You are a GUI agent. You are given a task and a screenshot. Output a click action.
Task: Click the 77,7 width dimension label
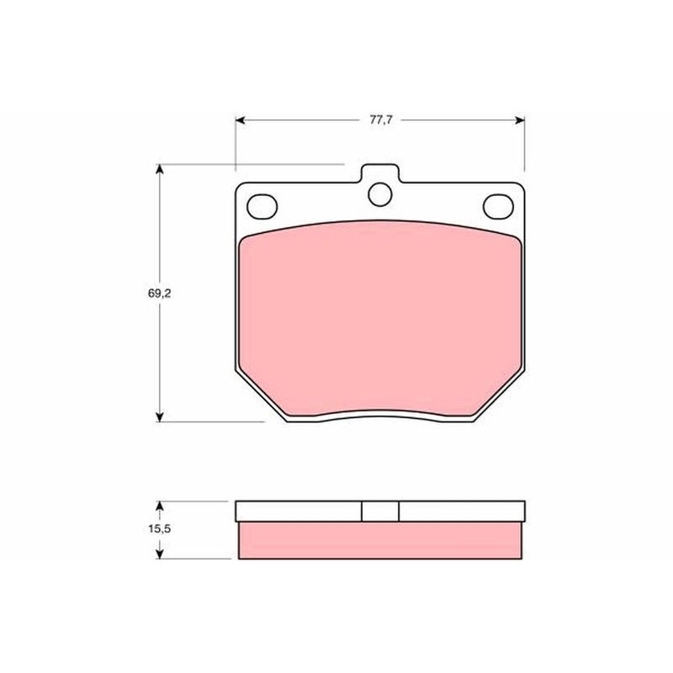[381, 120]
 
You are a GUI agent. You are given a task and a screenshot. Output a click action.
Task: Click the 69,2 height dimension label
[159, 294]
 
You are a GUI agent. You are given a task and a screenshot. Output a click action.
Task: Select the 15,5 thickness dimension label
[160, 529]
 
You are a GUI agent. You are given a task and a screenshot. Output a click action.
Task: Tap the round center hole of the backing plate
[380, 194]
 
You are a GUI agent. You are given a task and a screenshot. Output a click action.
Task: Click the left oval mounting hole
[262, 206]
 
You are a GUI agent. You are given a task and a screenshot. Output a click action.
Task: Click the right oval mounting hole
[498, 206]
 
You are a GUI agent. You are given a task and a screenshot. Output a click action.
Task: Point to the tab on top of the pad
[380, 173]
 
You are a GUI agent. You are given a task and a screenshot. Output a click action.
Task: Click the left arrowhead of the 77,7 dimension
[240, 120]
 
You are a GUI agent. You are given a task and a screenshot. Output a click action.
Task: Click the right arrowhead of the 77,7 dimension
[520, 120]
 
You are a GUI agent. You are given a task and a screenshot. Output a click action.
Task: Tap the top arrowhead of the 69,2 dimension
[160, 169]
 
